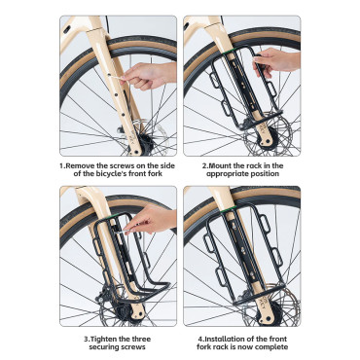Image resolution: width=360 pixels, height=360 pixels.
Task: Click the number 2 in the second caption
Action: coord(205,165)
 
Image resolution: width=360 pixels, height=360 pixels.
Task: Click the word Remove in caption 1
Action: coord(82,165)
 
